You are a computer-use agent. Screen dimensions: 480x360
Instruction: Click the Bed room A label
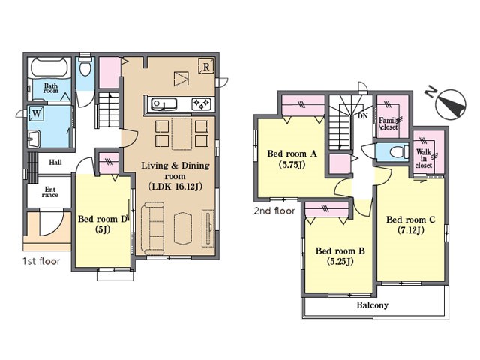point(292,159)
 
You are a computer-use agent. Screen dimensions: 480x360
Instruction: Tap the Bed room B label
point(340,256)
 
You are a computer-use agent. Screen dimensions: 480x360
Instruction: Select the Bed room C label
point(410,224)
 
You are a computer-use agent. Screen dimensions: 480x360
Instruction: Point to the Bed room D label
point(103,224)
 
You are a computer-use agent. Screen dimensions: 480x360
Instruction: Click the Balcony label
point(372,305)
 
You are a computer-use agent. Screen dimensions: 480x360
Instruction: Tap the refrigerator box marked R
point(206,66)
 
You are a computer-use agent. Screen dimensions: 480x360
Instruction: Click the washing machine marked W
point(36,113)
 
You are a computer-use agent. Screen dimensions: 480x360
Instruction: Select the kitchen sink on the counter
point(164,104)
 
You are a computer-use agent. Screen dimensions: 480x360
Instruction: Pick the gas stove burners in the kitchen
point(201,104)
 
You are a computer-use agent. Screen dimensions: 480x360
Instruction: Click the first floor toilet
point(85,67)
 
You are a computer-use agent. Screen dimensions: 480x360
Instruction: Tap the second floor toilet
point(398,151)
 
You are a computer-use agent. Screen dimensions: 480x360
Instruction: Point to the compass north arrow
point(451,103)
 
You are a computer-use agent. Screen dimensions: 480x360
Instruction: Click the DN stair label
point(363,116)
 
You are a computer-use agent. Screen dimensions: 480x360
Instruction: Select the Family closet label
point(388,123)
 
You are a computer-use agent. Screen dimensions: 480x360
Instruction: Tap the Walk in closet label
point(424,158)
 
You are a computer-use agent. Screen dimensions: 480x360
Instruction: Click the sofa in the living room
point(153,228)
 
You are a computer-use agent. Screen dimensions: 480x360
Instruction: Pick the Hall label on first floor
point(55,162)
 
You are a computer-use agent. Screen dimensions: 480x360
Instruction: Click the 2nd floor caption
point(274,211)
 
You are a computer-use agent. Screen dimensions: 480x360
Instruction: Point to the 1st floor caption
point(41,261)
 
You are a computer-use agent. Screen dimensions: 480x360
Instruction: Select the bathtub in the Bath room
point(49,67)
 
